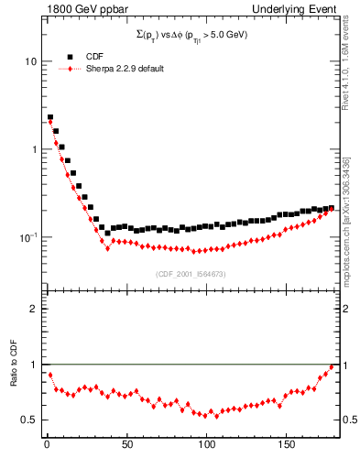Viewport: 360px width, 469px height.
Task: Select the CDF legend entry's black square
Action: click(70, 57)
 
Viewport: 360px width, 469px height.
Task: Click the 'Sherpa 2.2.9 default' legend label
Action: click(125, 70)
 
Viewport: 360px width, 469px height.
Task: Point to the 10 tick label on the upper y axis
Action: click(30, 61)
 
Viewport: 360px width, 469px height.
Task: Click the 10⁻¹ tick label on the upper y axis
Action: click(28, 236)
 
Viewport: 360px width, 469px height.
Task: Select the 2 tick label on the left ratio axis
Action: click(33, 309)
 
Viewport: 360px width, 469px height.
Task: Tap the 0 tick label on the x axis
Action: click(46, 447)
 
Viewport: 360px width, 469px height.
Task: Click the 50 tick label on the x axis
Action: click(127, 447)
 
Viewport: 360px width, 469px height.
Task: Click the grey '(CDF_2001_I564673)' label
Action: click(191, 274)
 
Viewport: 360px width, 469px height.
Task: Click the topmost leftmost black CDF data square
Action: click(50, 117)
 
